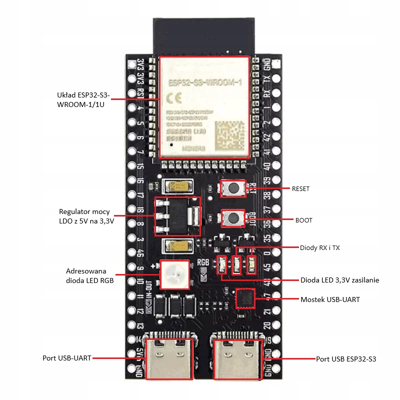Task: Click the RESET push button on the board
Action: tap(233, 188)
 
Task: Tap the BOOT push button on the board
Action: tap(233, 217)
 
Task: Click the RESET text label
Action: tap(300, 189)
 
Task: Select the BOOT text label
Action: tap(303, 219)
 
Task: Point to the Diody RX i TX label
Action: tap(319, 247)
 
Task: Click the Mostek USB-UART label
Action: tap(329, 299)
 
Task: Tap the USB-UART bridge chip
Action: tap(245, 298)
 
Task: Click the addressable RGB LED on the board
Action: tap(175, 274)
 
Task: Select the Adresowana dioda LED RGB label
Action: tap(90, 275)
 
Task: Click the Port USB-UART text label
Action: tap(67, 358)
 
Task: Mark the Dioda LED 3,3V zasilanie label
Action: tap(339, 280)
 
